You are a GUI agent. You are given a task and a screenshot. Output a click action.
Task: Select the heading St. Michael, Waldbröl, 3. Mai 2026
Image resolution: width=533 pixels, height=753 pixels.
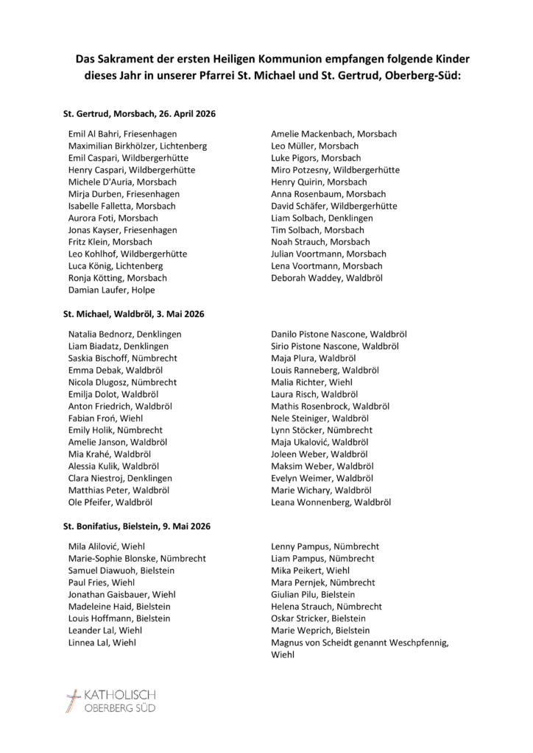(133, 314)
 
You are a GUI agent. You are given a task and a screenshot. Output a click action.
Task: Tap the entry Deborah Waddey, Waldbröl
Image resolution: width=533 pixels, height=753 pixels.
(327, 278)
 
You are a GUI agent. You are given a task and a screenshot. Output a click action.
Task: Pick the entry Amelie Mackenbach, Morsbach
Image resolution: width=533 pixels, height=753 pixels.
(333, 134)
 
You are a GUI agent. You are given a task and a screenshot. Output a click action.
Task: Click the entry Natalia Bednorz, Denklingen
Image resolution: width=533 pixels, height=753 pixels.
(124, 334)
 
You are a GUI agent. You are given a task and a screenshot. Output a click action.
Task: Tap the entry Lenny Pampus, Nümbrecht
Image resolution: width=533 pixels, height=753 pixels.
(325, 546)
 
